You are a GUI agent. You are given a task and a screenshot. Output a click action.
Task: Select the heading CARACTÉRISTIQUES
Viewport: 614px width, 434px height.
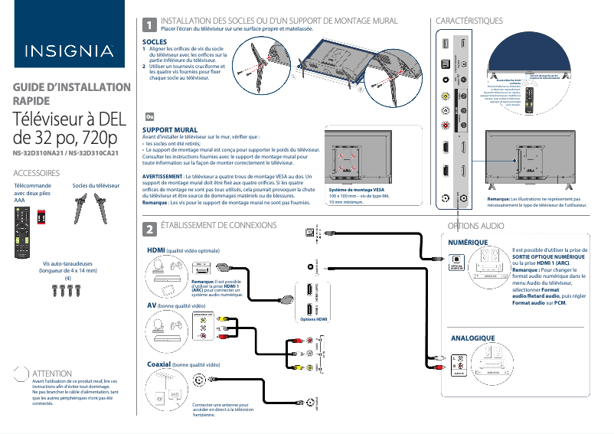pos(469,20)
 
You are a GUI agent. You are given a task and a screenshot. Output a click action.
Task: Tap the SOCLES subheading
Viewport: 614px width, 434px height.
pos(155,41)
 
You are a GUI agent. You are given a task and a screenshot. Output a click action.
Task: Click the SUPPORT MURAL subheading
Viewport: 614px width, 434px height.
pos(170,130)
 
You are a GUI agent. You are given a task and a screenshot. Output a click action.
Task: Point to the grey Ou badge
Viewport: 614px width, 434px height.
pos(150,116)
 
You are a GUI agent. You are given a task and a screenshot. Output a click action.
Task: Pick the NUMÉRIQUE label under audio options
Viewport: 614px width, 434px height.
pos(468,242)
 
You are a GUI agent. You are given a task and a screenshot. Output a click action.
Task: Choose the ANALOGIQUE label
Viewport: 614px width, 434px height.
pos(472,338)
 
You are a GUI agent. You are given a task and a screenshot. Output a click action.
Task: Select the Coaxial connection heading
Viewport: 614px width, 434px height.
pos(158,364)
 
